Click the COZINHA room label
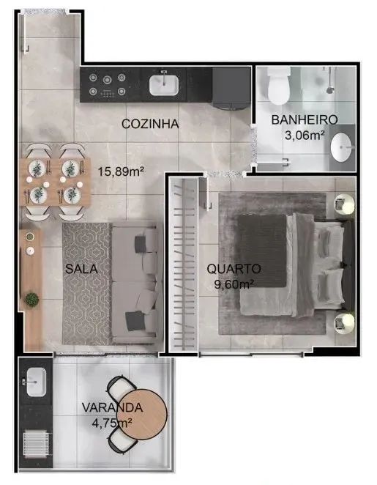pos(150,124)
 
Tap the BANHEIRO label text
pos(304,119)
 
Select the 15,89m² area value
pos(121,171)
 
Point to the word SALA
pos(81,269)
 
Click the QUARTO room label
pos(234,269)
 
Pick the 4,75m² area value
pos(112,422)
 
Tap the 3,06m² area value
pos(305,135)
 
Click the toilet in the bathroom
pos(278,86)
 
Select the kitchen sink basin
pos(164,85)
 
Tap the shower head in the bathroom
pos(330,90)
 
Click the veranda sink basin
pos(36,382)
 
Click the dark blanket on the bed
pos(262,251)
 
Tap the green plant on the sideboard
pos(31,299)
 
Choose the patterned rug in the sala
pos(87,284)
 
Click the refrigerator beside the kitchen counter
pos(231,88)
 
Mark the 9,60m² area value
pos(234,284)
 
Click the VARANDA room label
pos(112,407)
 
